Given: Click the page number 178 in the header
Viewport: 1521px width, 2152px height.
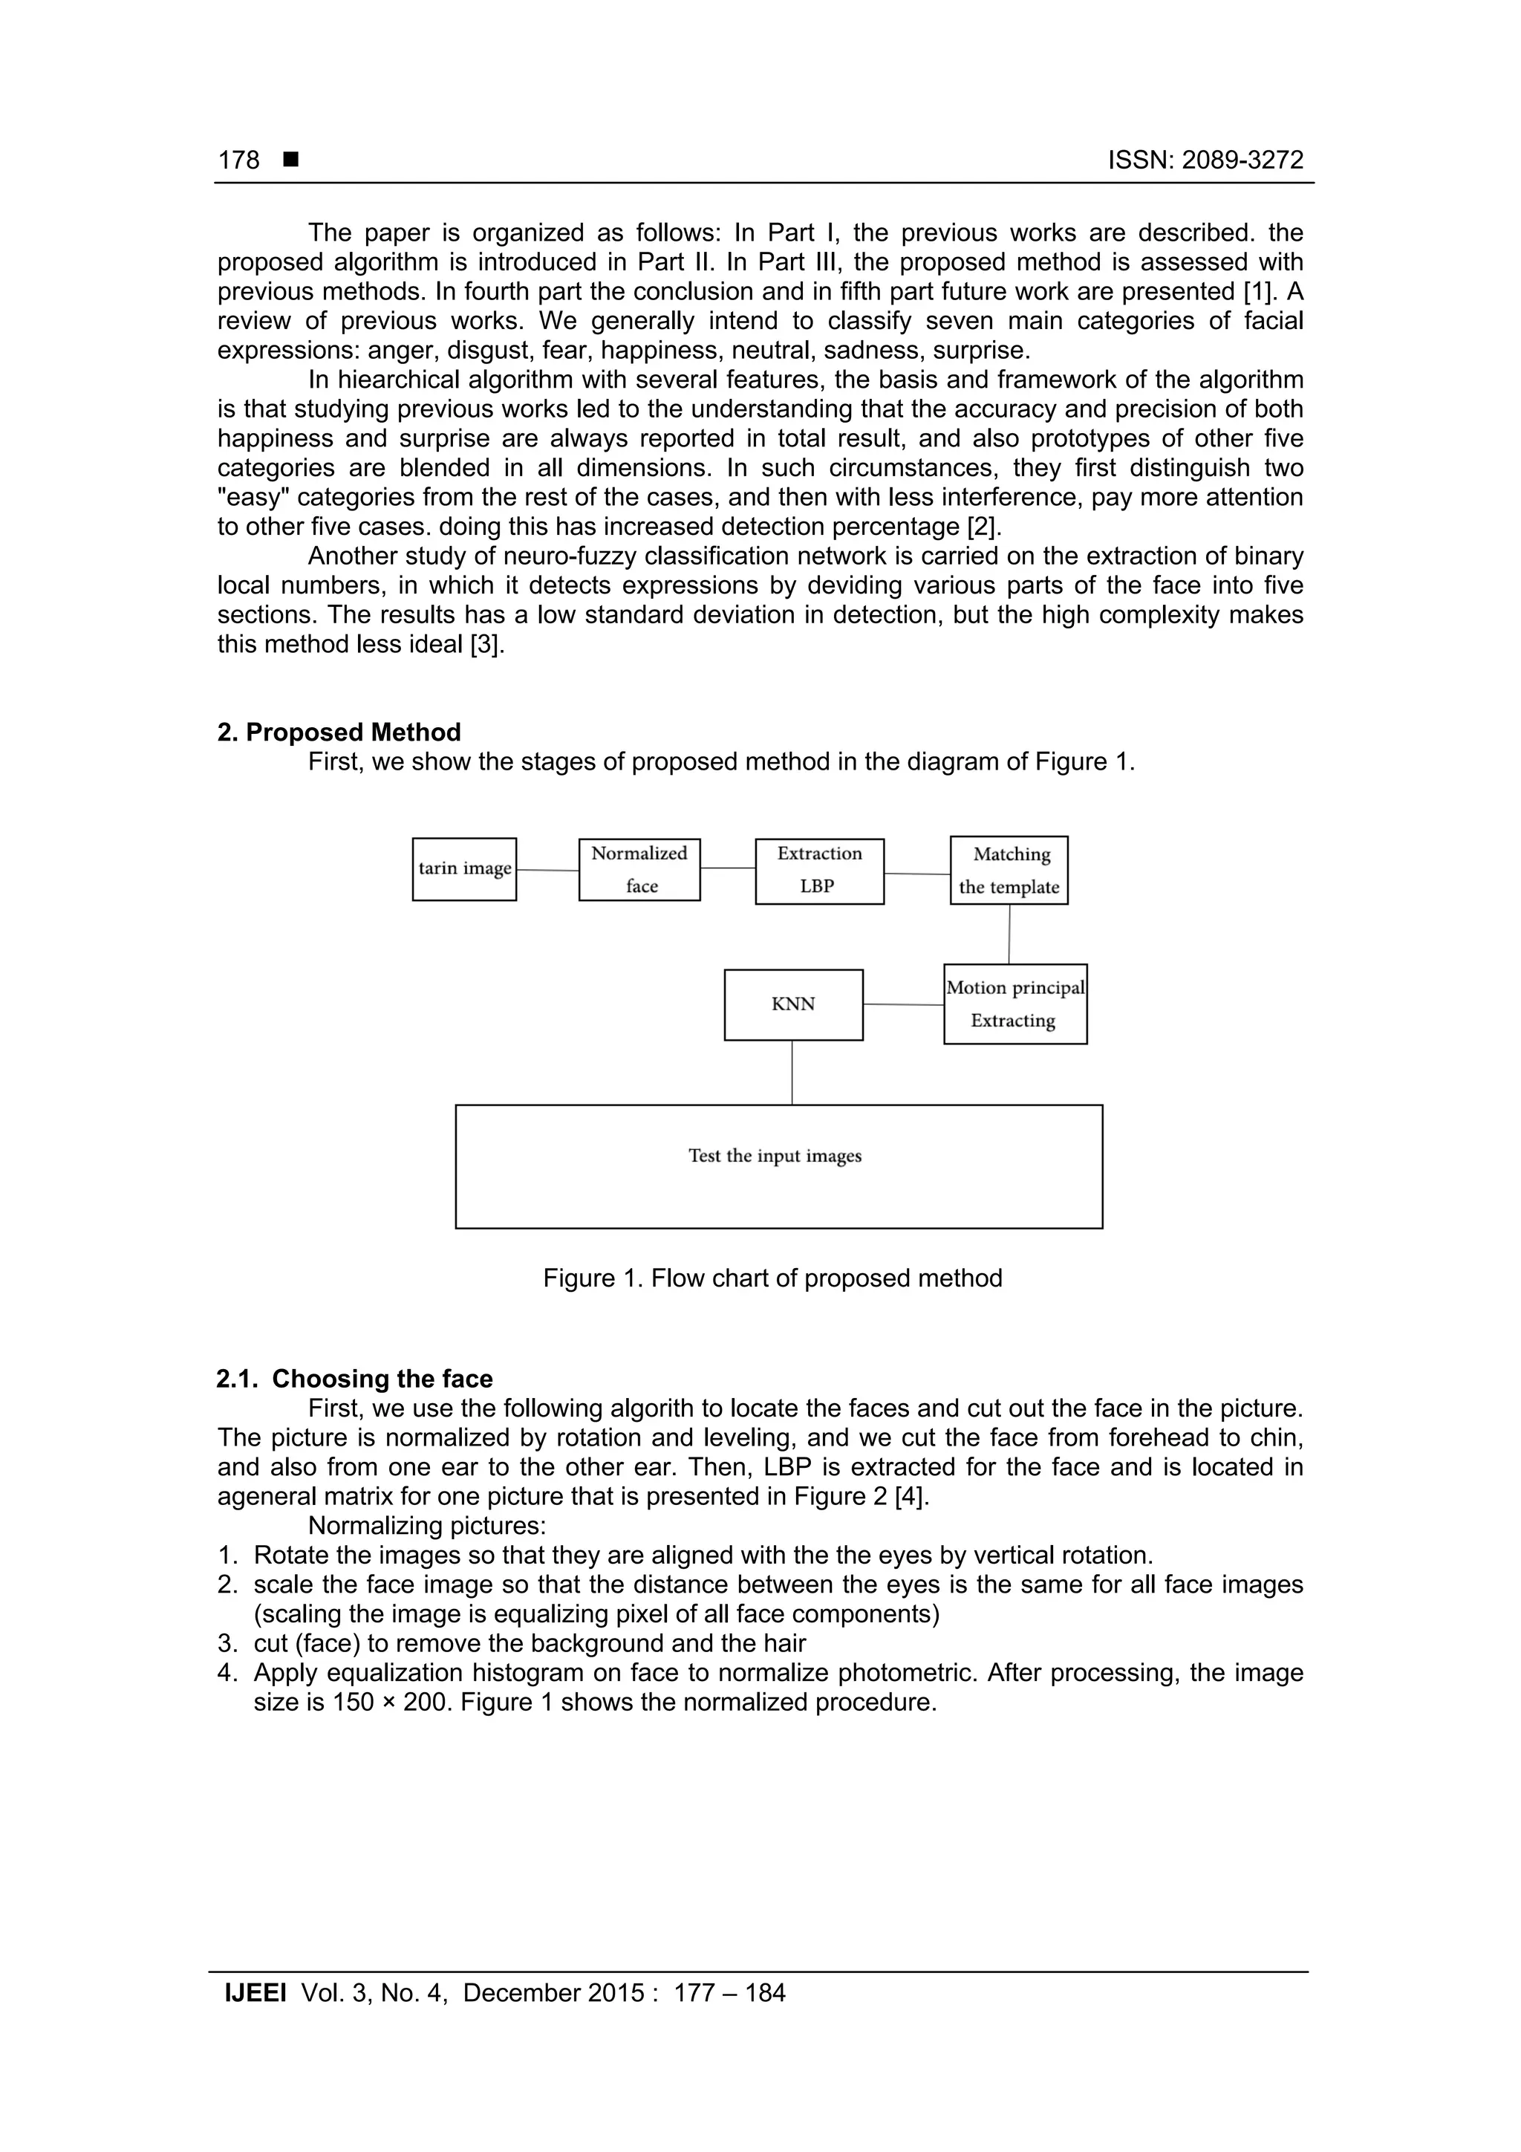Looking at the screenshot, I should click(238, 160).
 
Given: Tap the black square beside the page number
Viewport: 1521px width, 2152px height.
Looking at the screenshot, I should click(290, 159).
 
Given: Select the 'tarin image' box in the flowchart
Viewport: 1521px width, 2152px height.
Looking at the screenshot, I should click(464, 869).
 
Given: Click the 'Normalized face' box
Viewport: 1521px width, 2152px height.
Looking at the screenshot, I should click(639, 869).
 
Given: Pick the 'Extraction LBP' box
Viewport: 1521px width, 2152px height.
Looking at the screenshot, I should click(819, 871).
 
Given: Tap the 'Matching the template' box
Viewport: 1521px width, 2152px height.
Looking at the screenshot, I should click(1009, 870).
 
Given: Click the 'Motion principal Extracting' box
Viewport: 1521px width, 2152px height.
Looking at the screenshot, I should click(1015, 1004).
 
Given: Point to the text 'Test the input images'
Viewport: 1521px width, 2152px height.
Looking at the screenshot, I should click(775, 1156).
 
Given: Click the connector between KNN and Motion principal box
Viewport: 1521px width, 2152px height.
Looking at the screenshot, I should click(902, 1005).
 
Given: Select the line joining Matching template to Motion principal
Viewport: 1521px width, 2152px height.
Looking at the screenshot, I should click(1009, 934).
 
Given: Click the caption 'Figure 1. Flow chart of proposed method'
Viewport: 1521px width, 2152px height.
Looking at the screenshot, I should click(772, 1278).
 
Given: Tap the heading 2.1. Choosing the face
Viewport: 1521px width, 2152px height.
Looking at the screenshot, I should click(354, 1379).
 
